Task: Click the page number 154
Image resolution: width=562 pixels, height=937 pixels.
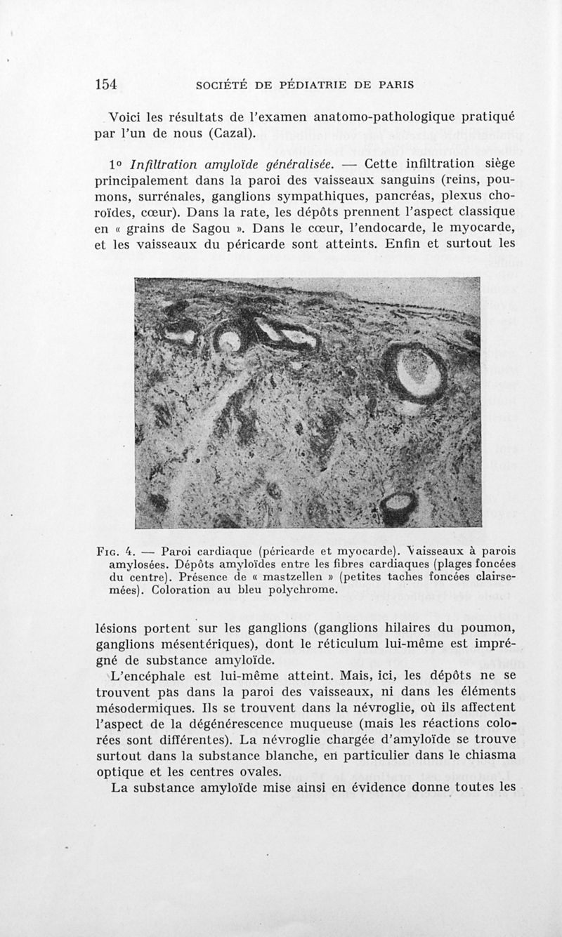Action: [x=105, y=84]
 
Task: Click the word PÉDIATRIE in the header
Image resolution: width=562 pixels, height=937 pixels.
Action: [x=318, y=85]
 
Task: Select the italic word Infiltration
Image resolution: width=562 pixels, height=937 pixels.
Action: [x=169, y=165]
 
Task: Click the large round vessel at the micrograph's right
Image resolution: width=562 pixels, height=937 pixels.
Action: [x=414, y=373]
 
